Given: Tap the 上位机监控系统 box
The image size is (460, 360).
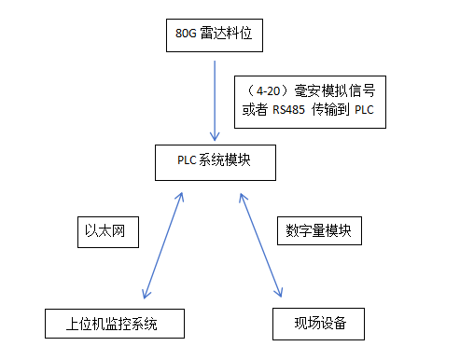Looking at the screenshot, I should coord(113,324).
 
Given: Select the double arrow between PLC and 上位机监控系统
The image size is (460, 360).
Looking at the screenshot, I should coord(160,244).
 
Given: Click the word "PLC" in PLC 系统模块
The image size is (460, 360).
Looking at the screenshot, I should coord(187,160).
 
